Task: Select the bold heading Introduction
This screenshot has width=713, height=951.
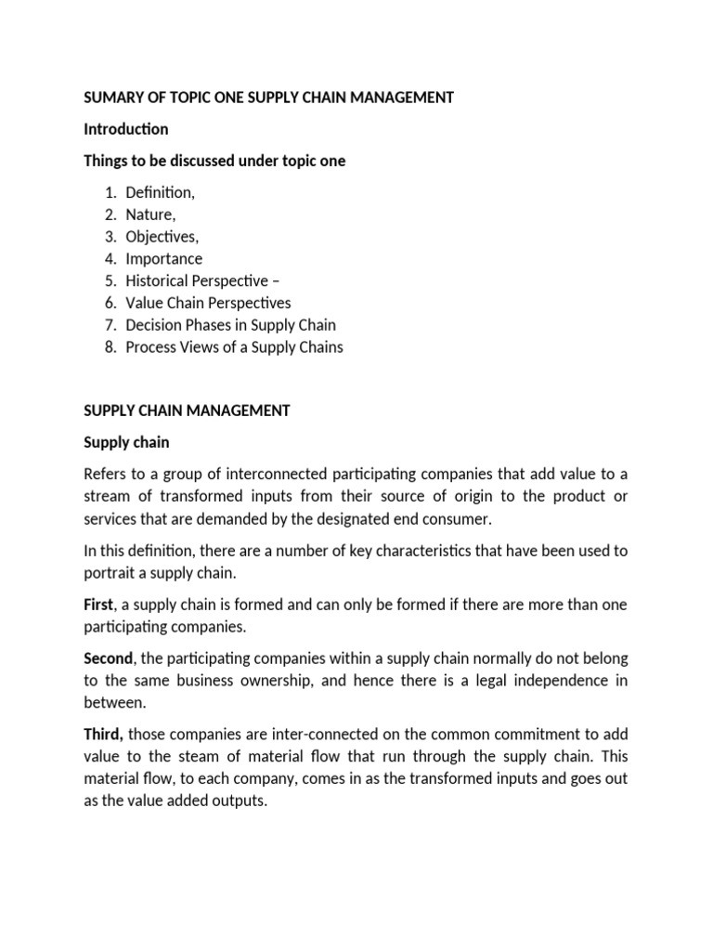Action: [x=126, y=129]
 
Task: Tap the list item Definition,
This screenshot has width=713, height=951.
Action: [x=161, y=192]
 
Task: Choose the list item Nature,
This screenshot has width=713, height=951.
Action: [x=150, y=215]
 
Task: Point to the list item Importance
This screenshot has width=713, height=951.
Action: [x=163, y=258]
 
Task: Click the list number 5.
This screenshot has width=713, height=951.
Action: [x=109, y=280]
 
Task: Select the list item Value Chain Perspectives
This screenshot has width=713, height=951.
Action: [x=208, y=303]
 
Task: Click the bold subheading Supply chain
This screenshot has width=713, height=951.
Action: [x=126, y=442]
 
